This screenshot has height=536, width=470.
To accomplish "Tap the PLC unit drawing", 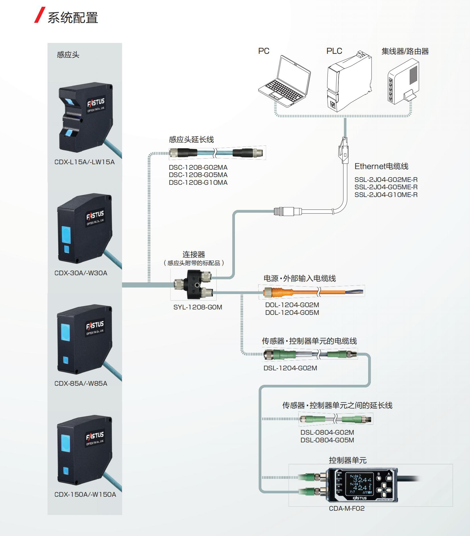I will [x=349, y=81].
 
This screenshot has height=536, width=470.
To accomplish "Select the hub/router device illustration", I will [x=403, y=81].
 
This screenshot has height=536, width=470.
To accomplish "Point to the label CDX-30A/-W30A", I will [x=81, y=273].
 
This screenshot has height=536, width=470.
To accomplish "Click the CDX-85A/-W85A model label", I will [x=81, y=383].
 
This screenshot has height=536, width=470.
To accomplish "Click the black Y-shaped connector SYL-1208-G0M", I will [x=194, y=284].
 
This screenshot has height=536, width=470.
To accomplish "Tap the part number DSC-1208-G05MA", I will [x=198, y=175].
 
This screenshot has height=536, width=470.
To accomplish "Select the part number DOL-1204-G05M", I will [x=292, y=313].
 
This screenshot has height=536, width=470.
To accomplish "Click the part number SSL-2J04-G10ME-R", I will [x=386, y=195].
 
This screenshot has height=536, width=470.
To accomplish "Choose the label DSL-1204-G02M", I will [x=290, y=368].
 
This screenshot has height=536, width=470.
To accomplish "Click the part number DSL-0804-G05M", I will [x=327, y=440].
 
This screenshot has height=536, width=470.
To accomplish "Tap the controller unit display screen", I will [x=358, y=484].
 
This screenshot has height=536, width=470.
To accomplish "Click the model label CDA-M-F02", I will [x=347, y=508].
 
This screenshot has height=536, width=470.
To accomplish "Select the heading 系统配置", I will [x=73, y=18].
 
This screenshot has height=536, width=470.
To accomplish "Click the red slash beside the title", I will [x=40, y=15].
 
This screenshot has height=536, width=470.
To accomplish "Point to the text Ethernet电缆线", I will [x=381, y=166].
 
